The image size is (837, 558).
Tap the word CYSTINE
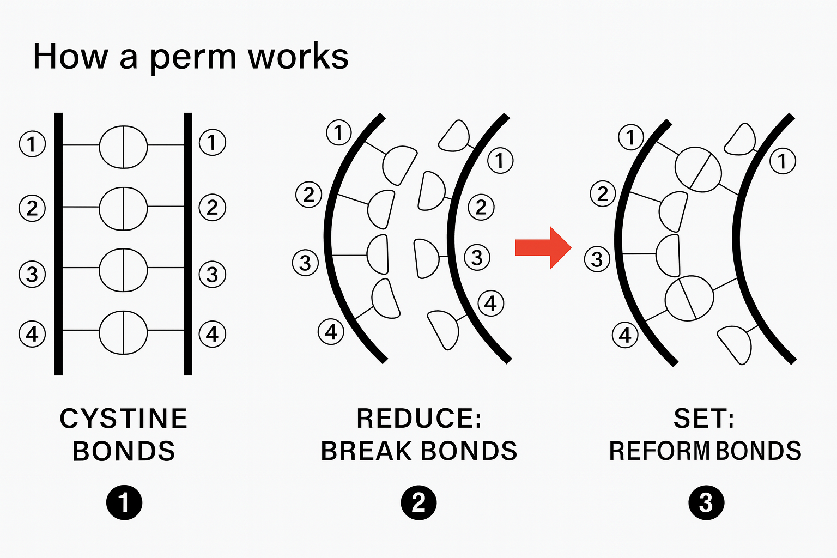pos(124,419)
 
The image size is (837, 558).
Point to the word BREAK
pos(366,451)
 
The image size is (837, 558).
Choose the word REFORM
pos(658,451)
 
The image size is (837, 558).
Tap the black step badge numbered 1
pos(124,502)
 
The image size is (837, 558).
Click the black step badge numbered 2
pos(418,502)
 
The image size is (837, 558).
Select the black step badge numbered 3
pos(706,502)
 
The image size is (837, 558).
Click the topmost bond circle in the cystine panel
pos(123,147)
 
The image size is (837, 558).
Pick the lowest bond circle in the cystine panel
pos(123,332)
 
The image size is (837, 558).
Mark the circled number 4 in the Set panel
pos(625,335)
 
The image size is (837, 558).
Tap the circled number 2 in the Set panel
pos(603,194)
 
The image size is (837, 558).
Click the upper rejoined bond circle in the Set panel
pos(698,169)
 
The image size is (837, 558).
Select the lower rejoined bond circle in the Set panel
pos(689,298)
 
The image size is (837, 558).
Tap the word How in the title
pos(70,57)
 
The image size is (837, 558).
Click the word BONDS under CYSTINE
pos(124,451)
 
